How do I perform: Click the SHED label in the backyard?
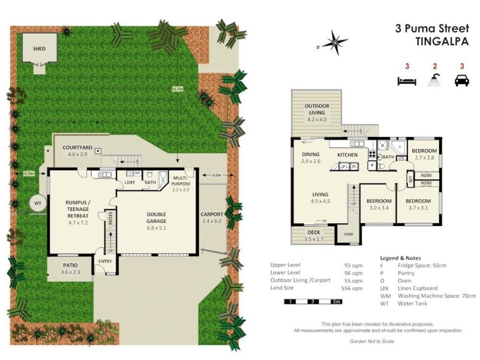[38, 48]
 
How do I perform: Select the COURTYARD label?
[77, 148]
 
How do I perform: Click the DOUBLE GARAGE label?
[156, 218]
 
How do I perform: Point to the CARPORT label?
[212, 214]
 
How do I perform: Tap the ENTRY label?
[106, 261]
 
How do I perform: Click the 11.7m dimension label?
[177, 89]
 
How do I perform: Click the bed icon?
[407, 80]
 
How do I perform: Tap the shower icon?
[434, 80]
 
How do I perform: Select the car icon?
[461, 80]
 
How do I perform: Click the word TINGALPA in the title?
[441, 42]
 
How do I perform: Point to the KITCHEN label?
[347, 155]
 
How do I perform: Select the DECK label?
[314, 232]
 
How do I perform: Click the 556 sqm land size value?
[355, 288]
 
